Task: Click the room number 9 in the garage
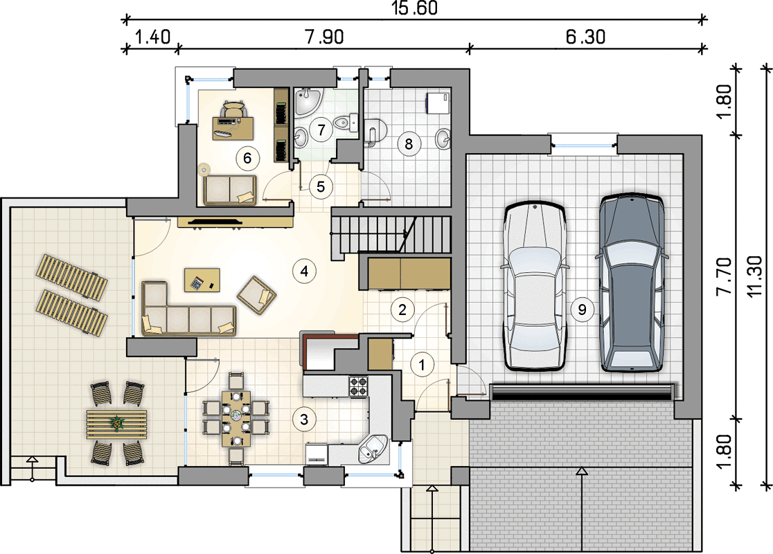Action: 583,310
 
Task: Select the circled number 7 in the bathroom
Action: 321,129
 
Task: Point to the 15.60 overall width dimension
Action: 415,8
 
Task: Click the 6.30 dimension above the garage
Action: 586,37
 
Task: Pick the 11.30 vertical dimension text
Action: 755,276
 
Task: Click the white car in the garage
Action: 534,287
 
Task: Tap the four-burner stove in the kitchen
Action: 358,386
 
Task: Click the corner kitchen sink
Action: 373,449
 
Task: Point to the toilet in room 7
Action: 346,120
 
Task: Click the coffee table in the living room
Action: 202,280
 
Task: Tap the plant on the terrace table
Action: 117,423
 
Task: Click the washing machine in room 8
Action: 438,102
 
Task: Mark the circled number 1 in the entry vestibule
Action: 422,365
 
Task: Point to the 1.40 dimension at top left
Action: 152,37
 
